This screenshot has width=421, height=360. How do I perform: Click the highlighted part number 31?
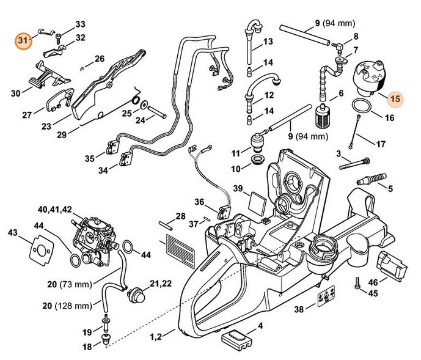click(x=24, y=41)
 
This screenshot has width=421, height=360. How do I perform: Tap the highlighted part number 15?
click(x=395, y=98)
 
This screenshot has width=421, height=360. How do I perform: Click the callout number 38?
click(x=298, y=309)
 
